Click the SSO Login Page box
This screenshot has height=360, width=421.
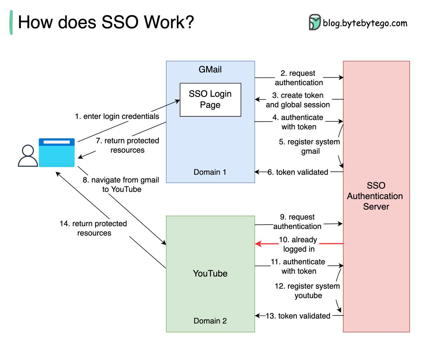pyautogui.click(x=210, y=100)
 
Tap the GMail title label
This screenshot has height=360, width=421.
pyautogui.click(x=210, y=69)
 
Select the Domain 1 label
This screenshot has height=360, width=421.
pyautogui.click(x=210, y=172)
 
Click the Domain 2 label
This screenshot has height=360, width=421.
pyautogui.click(x=210, y=321)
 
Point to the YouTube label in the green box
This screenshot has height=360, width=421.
pyautogui.click(x=210, y=273)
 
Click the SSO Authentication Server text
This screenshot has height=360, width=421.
pyautogui.click(x=375, y=196)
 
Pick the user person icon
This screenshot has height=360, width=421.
pyautogui.click(x=28, y=156)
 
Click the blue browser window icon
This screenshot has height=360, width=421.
pyautogui.click(x=56, y=152)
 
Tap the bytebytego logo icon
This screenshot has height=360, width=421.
pyautogui.click(x=315, y=22)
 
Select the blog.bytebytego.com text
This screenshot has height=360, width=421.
pyautogui.click(x=365, y=23)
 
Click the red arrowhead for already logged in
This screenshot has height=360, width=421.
pyautogui.click(x=258, y=244)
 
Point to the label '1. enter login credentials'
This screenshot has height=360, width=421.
pyautogui.click(x=117, y=116)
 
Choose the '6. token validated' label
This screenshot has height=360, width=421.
pyautogui.click(x=298, y=172)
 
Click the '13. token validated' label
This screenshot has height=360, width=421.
pyautogui.click(x=298, y=316)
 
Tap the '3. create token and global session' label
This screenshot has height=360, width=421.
pyautogui.click(x=298, y=100)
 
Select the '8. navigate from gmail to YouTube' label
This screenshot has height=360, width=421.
pyautogui.click(x=121, y=184)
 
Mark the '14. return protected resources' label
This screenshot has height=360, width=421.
pyautogui.click(x=94, y=228)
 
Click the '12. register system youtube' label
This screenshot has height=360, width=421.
pyautogui.click(x=307, y=291)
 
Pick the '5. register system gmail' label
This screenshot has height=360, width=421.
pyautogui.click(x=309, y=147)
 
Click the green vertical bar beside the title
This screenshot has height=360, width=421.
pyautogui.click(x=11, y=22)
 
